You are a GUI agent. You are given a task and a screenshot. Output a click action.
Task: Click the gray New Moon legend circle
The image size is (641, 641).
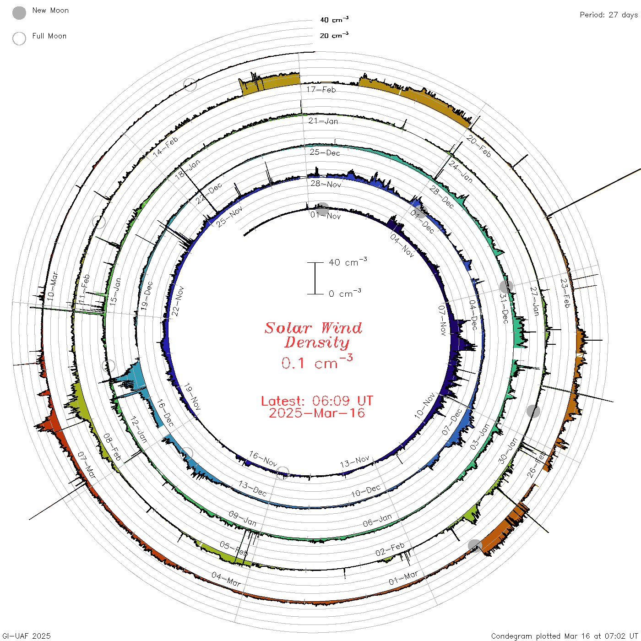pos(19,13)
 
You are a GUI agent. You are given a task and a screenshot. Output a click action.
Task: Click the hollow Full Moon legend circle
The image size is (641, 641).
pos(19,38)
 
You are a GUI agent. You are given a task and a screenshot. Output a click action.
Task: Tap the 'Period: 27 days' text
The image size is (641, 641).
pos(609,15)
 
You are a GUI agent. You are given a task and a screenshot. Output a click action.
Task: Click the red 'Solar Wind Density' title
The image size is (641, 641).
pos(313,335)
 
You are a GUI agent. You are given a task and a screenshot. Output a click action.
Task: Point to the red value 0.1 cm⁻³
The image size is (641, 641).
pos(317,362)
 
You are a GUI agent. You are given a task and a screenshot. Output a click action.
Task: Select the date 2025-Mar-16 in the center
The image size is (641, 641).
pos(317,413)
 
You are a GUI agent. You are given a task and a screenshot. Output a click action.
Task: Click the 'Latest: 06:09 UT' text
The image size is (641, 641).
pos(317,401)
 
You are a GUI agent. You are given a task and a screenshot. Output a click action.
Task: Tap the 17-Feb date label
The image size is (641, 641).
pos(321,90)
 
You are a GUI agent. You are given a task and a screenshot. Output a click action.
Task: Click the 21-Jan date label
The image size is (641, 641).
pos(323,121)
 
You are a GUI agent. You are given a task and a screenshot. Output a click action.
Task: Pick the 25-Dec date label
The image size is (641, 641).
pos(325,152)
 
